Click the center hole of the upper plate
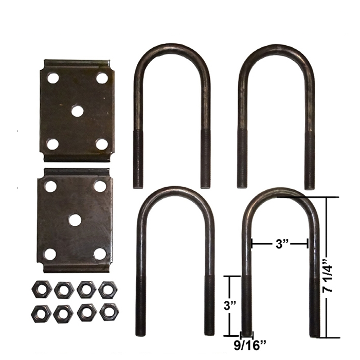[x=77, y=111]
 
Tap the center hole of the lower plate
[x=75, y=220]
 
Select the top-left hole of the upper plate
[x=52, y=78]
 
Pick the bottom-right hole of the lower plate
[x=100, y=254]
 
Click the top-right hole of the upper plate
[x=102, y=78]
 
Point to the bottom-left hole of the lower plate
[x=50, y=254]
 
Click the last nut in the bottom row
[x=109, y=312]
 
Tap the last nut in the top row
[x=108, y=290]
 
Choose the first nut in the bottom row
[x=41, y=313]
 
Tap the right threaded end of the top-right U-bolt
[x=309, y=159]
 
